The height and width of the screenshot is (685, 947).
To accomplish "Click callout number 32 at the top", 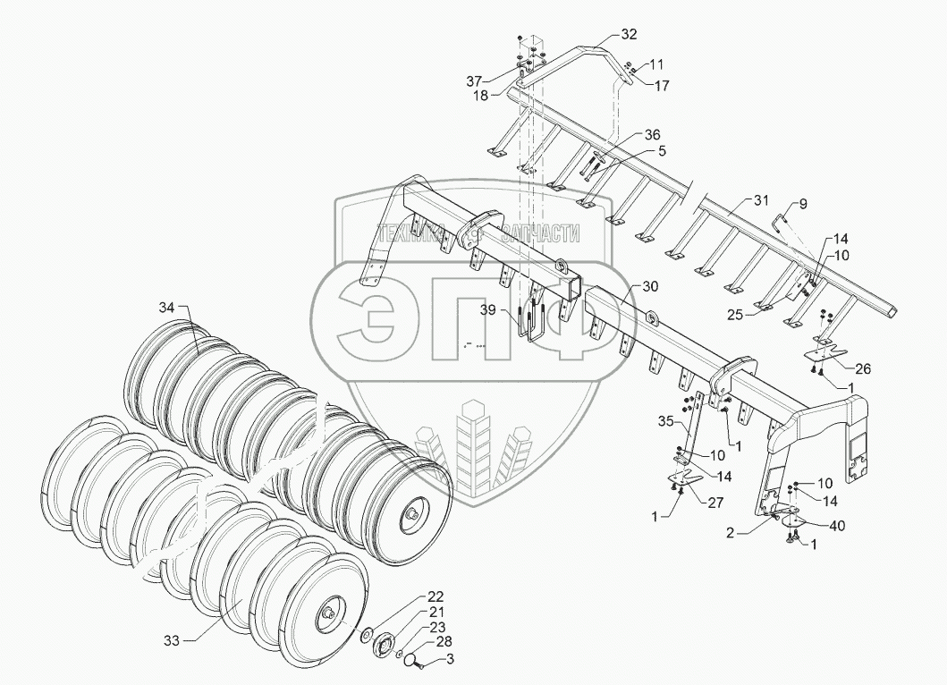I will (x=630, y=35).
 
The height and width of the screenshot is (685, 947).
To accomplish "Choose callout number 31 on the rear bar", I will (x=761, y=199).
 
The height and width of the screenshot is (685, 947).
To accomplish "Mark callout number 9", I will (x=802, y=205).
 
